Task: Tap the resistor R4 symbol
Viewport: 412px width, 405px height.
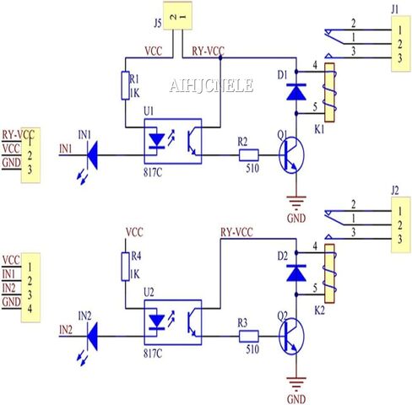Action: (x=126, y=266)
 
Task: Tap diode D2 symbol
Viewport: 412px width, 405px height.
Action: (x=295, y=271)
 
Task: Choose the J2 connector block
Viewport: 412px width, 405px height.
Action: (x=394, y=223)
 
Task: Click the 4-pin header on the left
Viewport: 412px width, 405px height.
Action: (x=30, y=281)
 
